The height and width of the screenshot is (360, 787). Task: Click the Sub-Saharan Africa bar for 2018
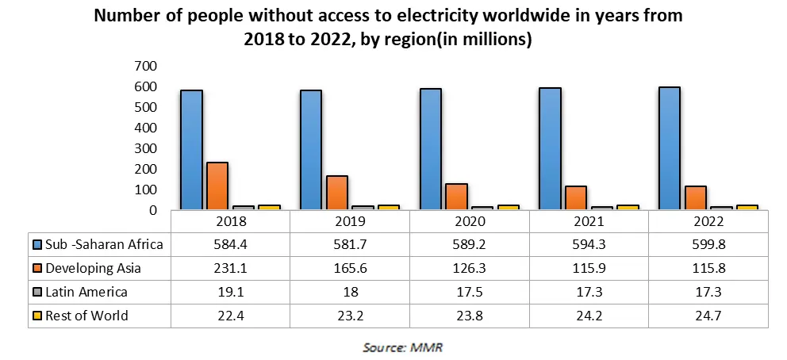click(191, 149)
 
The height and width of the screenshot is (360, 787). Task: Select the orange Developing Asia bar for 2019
click(336, 193)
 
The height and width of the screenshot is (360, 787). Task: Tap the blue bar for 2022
click(669, 147)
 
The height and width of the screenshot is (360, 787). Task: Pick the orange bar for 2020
click(456, 197)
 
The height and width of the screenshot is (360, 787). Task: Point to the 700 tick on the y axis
click(146, 66)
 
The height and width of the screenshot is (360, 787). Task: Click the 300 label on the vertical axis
click(146, 148)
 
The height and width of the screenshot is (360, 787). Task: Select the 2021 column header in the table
click(589, 220)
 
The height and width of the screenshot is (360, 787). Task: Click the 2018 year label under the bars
click(230, 220)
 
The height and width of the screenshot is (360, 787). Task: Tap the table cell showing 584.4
click(230, 244)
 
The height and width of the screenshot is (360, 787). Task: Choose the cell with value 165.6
click(350, 268)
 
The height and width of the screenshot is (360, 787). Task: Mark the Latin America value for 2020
click(469, 292)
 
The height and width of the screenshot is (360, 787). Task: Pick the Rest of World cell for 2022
click(708, 316)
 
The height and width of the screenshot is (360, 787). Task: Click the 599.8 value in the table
click(708, 244)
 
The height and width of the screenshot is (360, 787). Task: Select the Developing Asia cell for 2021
click(589, 268)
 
